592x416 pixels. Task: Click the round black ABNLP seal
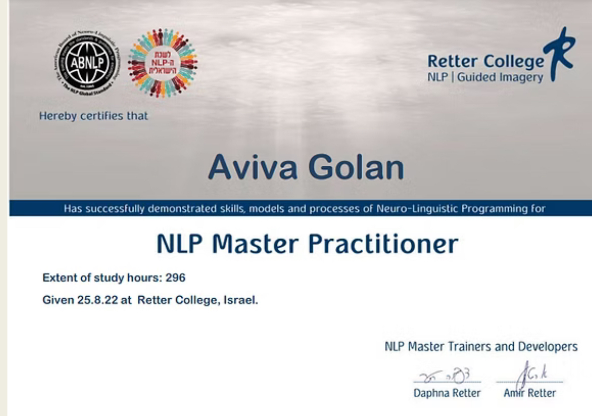[87, 63]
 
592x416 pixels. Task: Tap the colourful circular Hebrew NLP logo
[162, 63]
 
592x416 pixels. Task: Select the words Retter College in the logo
[485, 62]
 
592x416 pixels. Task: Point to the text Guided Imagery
[500, 78]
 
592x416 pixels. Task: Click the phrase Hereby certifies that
[94, 116]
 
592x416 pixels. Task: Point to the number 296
[175, 278]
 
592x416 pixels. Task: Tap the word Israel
[241, 301]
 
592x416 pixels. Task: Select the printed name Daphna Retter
[447, 393]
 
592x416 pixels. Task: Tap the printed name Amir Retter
[530, 393]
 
